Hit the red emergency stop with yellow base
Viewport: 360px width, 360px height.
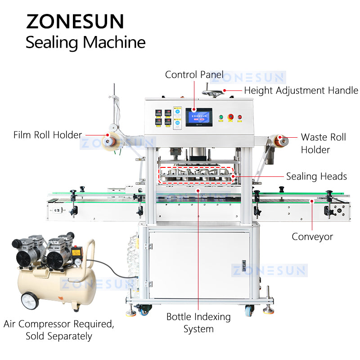(x=230, y=117)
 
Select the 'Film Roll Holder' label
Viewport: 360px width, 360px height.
(x=48, y=135)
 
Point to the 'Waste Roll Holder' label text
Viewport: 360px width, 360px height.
(x=323, y=143)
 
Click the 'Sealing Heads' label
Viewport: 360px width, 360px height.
(x=316, y=176)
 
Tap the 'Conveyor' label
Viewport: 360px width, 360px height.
(x=312, y=236)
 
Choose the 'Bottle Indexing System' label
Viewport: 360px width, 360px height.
(x=198, y=323)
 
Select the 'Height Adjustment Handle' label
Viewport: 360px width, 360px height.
(x=301, y=90)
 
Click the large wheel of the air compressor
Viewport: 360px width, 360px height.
(x=30, y=301)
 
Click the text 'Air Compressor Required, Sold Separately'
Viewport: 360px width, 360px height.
(x=58, y=330)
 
